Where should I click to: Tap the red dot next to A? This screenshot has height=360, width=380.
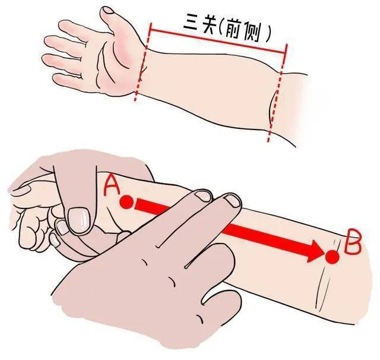(x=127, y=203)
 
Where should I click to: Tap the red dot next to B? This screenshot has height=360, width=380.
(x=332, y=257)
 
